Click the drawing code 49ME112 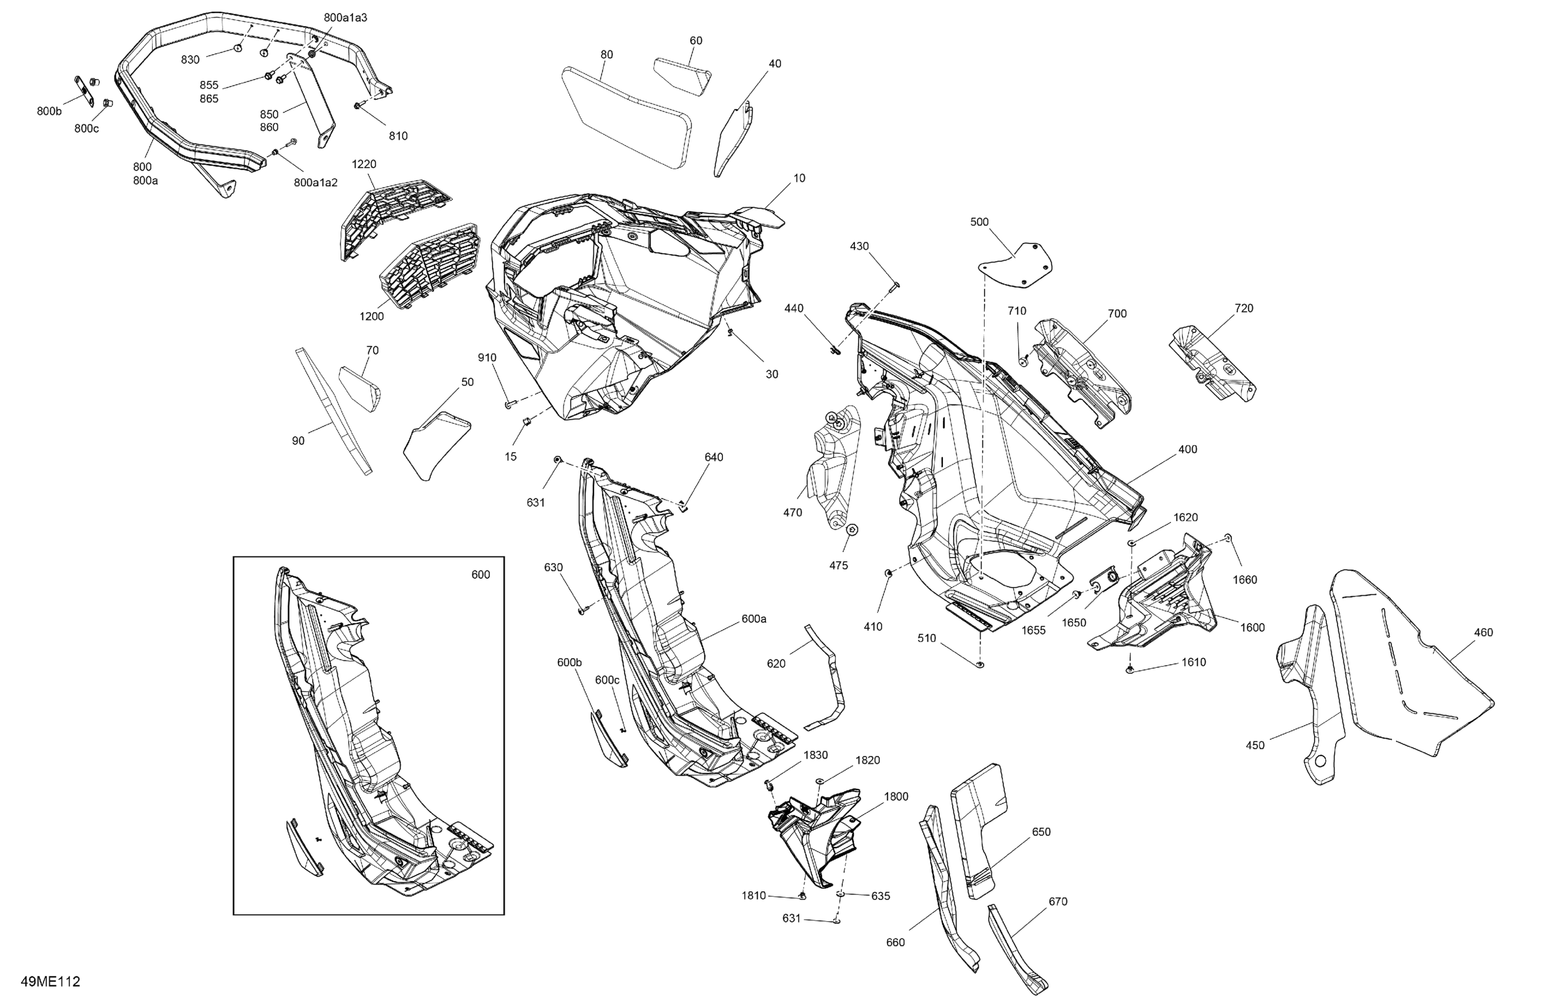click(x=51, y=981)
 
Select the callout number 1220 click(x=364, y=164)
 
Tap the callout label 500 click(x=979, y=222)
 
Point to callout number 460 click(x=1483, y=632)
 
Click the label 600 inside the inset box click(x=480, y=575)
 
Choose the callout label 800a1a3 click(x=345, y=18)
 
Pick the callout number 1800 click(x=896, y=797)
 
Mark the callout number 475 click(x=838, y=566)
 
